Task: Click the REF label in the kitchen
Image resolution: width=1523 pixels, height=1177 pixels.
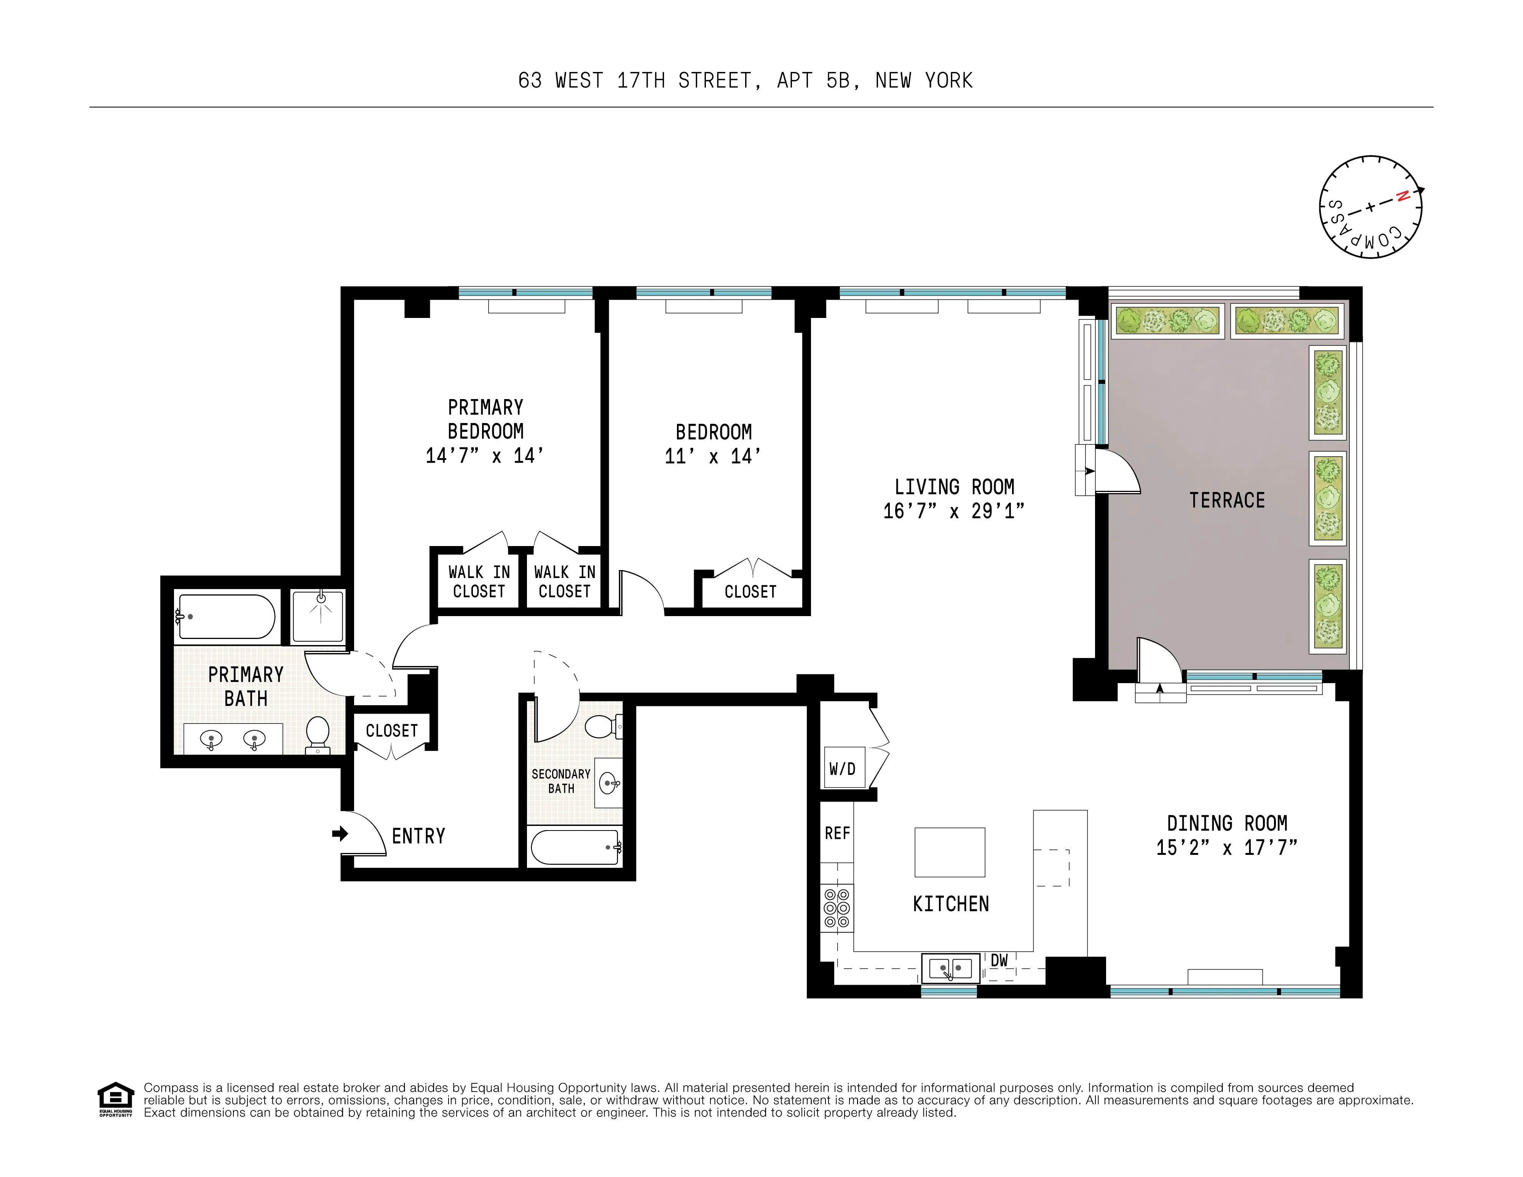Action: click(837, 833)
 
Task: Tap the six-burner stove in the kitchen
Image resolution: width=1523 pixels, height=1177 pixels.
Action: click(836, 908)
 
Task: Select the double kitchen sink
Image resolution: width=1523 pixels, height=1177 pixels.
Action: click(950, 968)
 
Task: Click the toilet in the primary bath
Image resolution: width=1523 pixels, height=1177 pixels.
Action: click(318, 733)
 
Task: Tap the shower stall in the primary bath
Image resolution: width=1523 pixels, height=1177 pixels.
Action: click(318, 616)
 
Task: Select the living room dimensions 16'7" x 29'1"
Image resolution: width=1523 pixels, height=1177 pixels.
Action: click(953, 511)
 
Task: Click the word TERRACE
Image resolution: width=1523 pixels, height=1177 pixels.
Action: click(1227, 501)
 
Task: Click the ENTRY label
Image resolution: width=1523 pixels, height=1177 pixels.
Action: click(418, 836)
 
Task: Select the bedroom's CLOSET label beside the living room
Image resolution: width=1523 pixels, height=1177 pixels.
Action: click(750, 592)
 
